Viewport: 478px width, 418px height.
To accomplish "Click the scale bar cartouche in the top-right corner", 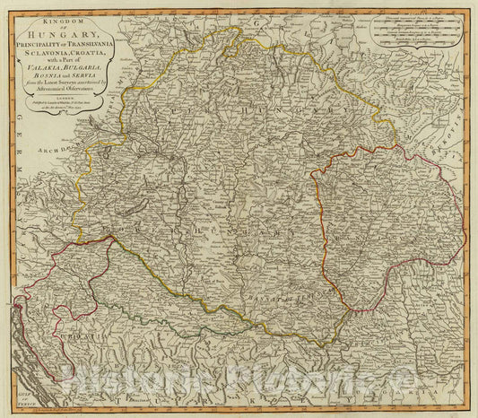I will coord(412,35).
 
